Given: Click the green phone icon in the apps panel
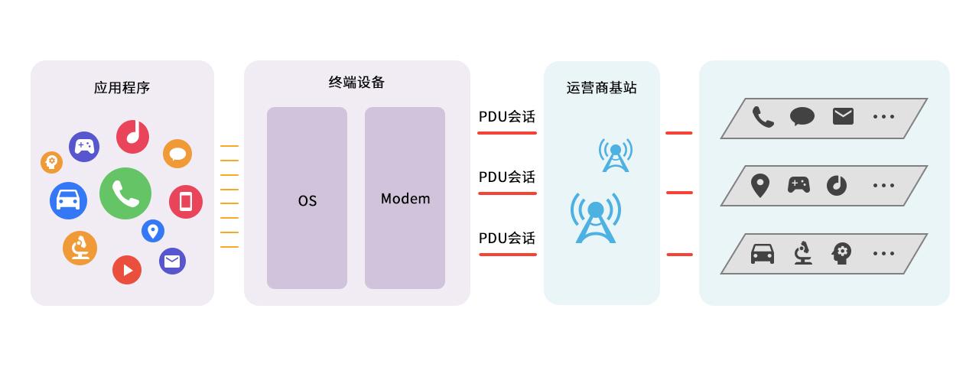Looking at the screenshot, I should click(x=125, y=193).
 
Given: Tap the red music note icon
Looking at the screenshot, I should click(x=132, y=136).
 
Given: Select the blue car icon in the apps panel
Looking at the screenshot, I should click(x=68, y=201).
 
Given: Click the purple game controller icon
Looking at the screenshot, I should click(x=84, y=146).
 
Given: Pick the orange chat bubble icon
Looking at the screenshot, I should click(x=177, y=154).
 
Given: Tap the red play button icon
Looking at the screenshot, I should click(x=127, y=270).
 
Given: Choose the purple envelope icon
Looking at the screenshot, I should click(x=173, y=261).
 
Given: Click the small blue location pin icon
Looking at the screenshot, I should click(x=153, y=230).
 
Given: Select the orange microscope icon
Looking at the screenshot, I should click(x=80, y=248).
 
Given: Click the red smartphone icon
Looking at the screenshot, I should click(x=186, y=202).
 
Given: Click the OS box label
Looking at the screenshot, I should click(x=307, y=201).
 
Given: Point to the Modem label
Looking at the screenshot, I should click(x=405, y=199).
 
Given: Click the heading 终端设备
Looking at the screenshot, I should click(x=356, y=83).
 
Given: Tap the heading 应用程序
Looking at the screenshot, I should click(x=122, y=88).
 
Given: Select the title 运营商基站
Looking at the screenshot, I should click(x=601, y=88).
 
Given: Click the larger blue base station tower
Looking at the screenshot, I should click(x=596, y=219).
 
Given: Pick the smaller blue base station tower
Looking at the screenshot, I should click(x=615, y=155).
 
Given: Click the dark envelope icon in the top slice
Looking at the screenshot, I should click(x=843, y=116).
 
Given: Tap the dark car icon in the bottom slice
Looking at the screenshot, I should click(x=763, y=253).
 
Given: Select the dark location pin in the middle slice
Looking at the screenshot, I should click(x=759, y=185).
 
